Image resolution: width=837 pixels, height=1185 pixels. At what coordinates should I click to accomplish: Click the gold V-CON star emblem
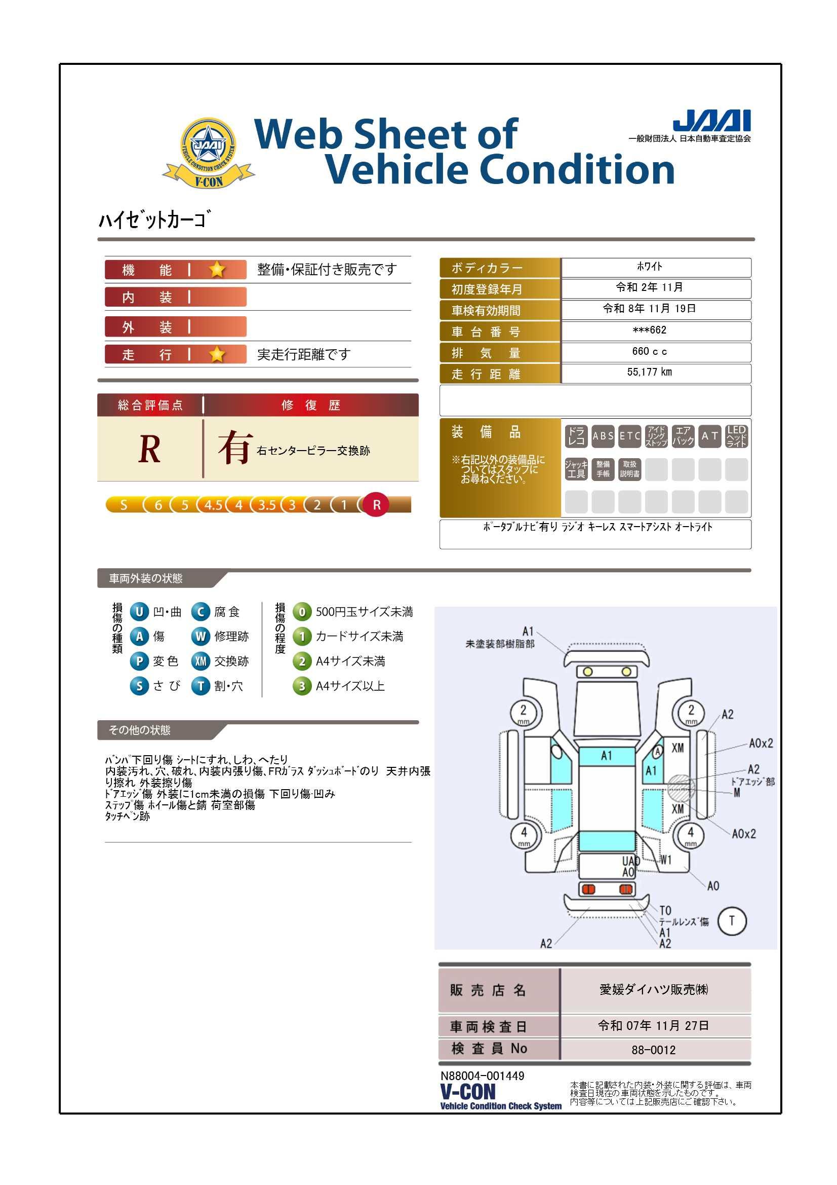click(208, 153)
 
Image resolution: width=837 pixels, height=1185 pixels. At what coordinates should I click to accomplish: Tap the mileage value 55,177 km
click(649, 372)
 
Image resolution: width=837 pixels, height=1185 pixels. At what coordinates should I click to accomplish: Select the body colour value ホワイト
click(649, 266)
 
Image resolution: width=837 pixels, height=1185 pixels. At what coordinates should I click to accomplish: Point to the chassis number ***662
click(649, 330)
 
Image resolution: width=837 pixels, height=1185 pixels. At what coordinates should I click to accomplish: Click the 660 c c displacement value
click(649, 351)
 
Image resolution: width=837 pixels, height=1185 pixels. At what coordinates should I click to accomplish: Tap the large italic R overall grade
click(149, 449)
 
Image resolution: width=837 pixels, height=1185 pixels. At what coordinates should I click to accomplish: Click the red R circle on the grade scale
click(376, 505)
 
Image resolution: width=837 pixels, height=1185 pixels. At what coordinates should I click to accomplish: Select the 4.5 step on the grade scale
click(213, 505)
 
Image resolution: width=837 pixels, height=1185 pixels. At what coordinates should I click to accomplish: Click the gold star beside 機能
click(217, 270)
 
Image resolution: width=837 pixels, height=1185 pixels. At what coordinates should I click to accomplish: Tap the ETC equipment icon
click(630, 436)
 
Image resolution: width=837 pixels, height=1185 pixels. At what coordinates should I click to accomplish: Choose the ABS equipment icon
click(603, 436)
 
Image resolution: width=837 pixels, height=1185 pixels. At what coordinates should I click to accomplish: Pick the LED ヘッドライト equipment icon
click(736, 436)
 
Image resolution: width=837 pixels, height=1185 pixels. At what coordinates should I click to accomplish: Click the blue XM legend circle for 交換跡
click(200, 661)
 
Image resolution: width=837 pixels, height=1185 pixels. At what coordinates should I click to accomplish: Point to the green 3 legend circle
click(302, 686)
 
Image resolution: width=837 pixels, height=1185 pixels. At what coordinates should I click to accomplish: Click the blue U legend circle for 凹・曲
click(139, 612)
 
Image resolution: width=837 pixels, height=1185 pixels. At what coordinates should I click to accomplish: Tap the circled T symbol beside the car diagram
click(731, 920)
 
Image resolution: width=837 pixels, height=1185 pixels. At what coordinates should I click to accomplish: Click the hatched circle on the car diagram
click(681, 787)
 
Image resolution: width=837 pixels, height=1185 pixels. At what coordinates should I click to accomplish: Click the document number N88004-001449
click(482, 1076)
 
